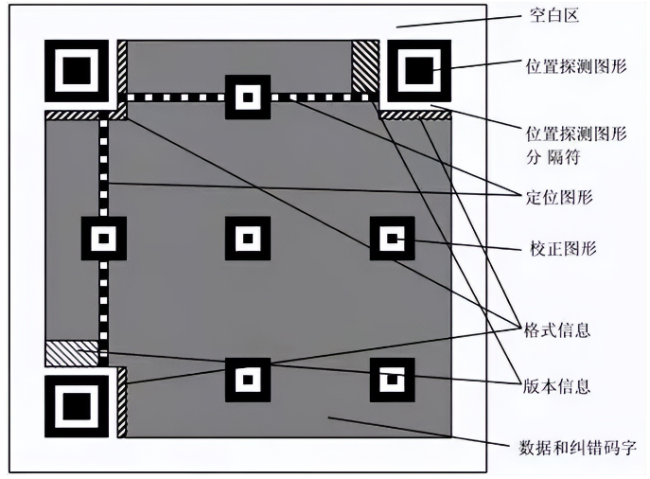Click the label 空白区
click(x=553, y=16)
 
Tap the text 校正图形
click(x=563, y=248)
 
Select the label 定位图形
click(x=559, y=197)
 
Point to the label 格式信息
click(x=556, y=330)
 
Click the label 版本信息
click(x=556, y=386)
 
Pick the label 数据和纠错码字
click(x=577, y=448)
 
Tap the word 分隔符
click(x=553, y=157)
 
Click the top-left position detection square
click(x=77, y=71)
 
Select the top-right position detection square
click(x=419, y=71)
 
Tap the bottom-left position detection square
click(x=77, y=406)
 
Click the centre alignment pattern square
click(x=248, y=239)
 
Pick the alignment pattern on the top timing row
click(x=248, y=98)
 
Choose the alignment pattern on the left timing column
click(x=104, y=239)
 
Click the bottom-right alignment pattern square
click(x=392, y=380)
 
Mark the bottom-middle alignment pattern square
click(x=248, y=380)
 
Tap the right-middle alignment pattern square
click(x=392, y=239)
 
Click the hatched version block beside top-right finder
click(x=365, y=66)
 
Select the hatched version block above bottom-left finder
click(x=72, y=353)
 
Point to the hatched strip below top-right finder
click(x=415, y=115)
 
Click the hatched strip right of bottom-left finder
click(x=122, y=402)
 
